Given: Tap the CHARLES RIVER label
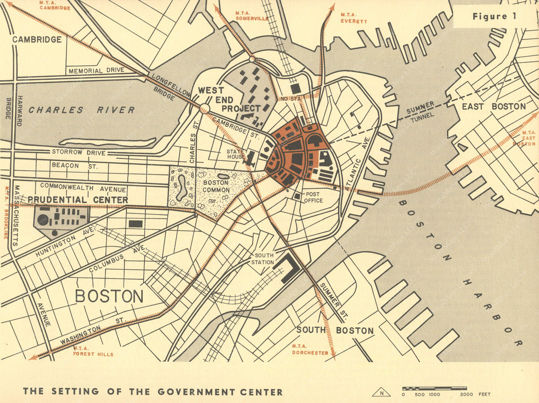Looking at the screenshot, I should (x=81, y=110).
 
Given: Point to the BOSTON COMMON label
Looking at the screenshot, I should (x=216, y=186).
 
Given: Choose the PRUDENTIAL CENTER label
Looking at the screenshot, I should (x=77, y=200).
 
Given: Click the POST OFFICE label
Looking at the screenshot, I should (x=314, y=198).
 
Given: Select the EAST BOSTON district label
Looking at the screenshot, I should (x=493, y=106).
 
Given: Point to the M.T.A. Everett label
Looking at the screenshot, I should (x=353, y=18).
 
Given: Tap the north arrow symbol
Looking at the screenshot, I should (x=382, y=393).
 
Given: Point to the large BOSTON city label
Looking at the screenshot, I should (x=109, y=296).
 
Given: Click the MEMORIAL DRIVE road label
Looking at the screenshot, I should (x=96, y=70).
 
